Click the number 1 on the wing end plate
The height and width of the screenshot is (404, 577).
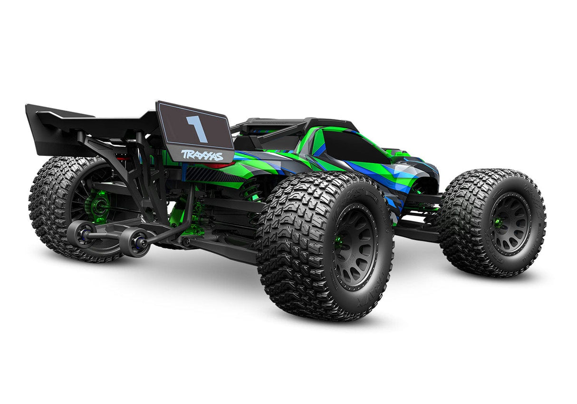pos(197,128)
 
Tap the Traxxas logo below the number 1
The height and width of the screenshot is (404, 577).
pos(202,155)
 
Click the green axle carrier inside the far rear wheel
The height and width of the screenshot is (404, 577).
pos(99,206)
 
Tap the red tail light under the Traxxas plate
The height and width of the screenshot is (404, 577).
pos(221,165)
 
